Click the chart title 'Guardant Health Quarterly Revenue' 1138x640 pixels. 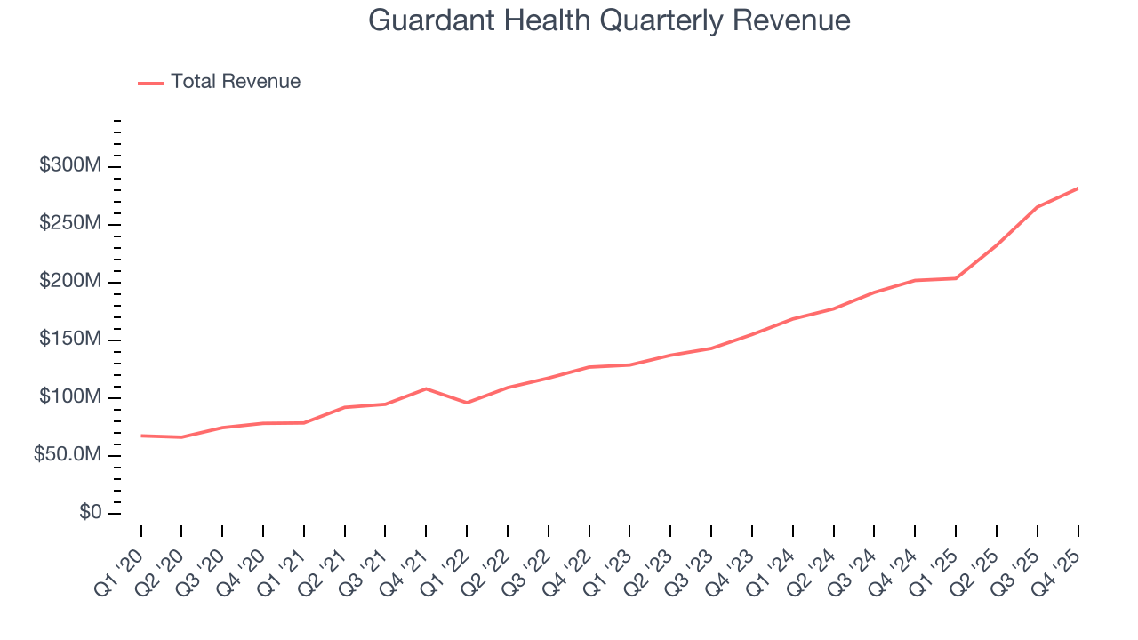click(x=609, y=20)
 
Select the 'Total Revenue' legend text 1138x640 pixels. click(x=236, y=82)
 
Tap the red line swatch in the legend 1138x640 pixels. click(x=151, y=83)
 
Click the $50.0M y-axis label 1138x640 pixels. click(x=67, y=455)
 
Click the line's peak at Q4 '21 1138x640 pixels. click(x=426, y=388)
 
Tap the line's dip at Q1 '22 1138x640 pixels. click(x=467, y=403)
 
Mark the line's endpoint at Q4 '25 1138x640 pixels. click(x=1078, y=188)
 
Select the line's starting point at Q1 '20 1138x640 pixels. click(x=141, y=436)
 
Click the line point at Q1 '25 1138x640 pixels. click(x=956, y=278)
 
